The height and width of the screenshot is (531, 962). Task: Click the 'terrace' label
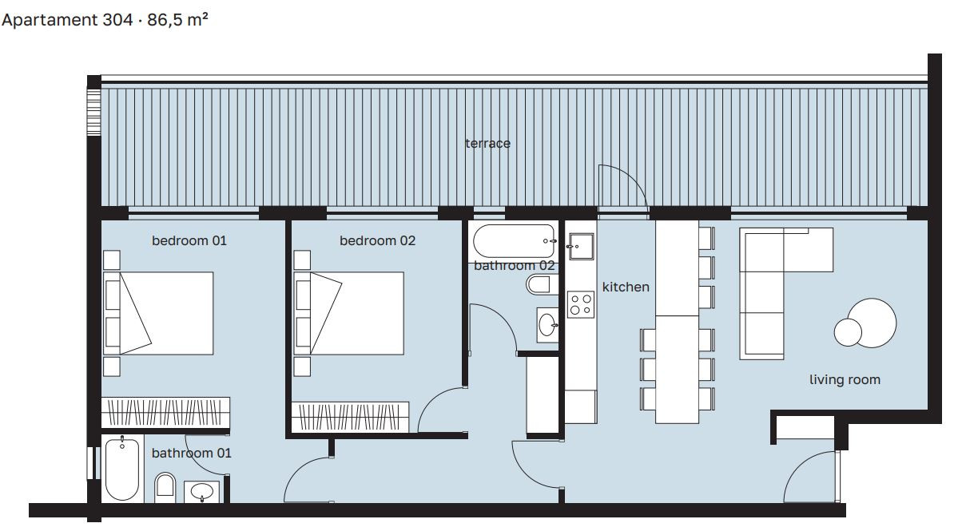488,144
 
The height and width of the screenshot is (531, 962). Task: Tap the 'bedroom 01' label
189,240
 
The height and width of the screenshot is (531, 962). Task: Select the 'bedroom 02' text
377,240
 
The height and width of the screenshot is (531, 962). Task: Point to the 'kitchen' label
626,287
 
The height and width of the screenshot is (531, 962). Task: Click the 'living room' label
845,380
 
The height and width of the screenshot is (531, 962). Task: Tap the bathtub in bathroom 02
515,241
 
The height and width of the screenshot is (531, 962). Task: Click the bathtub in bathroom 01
122,469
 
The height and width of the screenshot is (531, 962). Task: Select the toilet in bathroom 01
165,487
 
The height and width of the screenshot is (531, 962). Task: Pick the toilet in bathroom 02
542,284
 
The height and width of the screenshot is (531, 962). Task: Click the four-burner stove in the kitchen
581,304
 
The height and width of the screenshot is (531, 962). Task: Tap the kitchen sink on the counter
581,247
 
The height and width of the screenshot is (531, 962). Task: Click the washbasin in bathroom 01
202,492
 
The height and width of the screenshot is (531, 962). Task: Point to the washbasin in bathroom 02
547,325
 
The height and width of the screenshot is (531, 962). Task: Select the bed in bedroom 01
158,313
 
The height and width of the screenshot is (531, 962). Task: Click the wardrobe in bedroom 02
350,418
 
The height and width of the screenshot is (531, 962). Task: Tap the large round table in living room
872,323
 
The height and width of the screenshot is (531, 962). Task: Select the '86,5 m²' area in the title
178,20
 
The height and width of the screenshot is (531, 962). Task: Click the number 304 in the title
117,20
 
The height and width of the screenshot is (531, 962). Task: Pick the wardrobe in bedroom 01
165,412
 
